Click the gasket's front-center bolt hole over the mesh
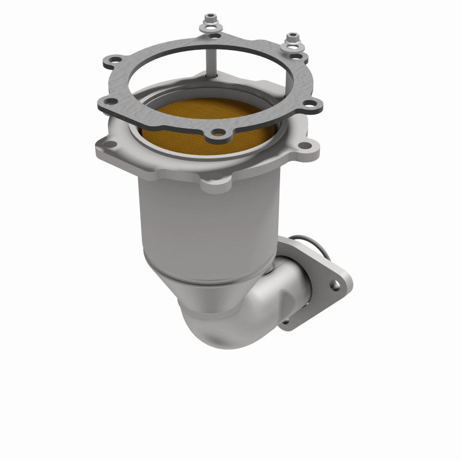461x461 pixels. tap(218, 134)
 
